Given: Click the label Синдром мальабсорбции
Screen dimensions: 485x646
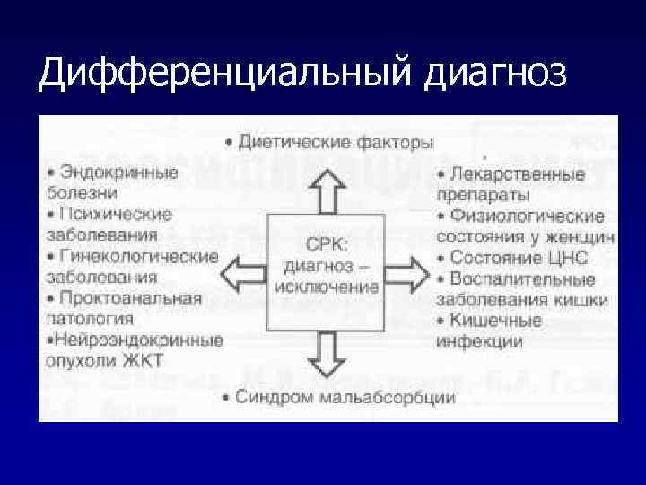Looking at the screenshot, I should click(x=346, y=396).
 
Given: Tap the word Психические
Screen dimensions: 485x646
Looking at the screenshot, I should click(x=115, y=215).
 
